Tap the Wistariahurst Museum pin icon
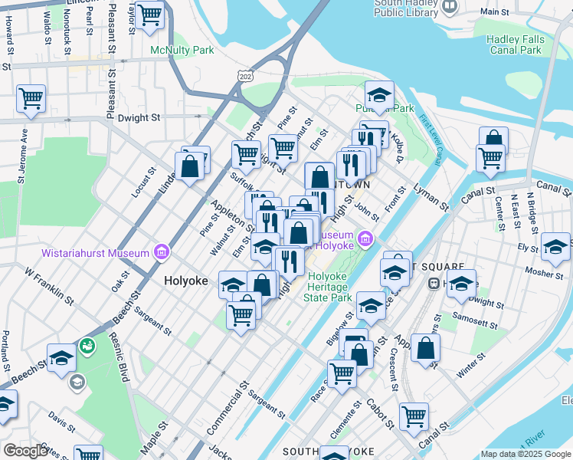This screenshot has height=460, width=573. [x=161, y=251]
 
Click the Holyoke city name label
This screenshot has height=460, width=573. [x=186, y=281]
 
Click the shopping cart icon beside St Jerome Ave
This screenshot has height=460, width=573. [x=31, y=98]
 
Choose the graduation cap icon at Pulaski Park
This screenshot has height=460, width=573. [x=378, y=95]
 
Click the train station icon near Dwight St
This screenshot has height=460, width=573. [x=433, y=283]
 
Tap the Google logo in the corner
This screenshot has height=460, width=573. [x=25, y=451]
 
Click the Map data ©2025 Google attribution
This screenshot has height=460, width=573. [x=526, y=454]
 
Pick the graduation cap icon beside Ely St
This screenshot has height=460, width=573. [x=555, y=247]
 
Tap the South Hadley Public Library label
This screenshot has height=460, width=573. [x=406, y=8]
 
